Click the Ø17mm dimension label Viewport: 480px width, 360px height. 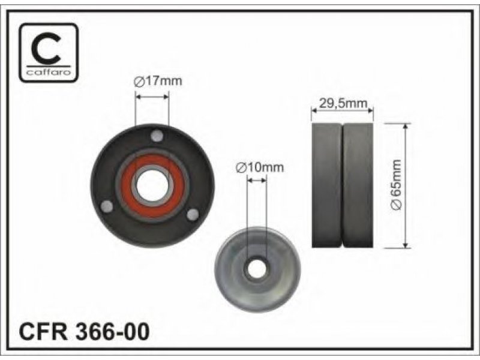[x=158, y=81]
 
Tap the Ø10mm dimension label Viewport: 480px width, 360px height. [x=260, y=167]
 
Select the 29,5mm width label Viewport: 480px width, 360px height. [x=343, y=103]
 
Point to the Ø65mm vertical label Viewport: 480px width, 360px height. [x=396, y=185]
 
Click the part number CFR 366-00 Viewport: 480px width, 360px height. [x=85, y=332]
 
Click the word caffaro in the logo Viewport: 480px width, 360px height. [x=49, y=72]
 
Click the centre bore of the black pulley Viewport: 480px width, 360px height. [x=152, y=186]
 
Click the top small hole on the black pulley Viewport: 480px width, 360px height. [x=157, y=136]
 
